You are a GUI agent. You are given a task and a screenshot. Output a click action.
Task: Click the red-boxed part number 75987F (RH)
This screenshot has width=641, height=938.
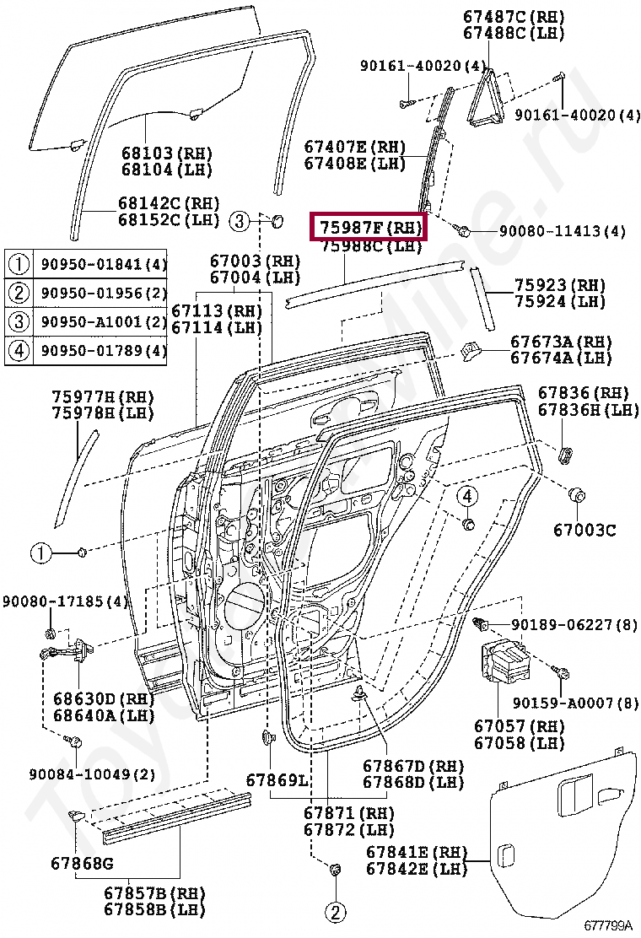pos(369,227)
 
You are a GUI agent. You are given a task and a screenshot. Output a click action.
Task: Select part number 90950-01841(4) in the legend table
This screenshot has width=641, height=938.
pos(104,265)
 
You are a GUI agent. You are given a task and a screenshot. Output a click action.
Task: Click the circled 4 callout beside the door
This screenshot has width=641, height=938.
pos(468,496)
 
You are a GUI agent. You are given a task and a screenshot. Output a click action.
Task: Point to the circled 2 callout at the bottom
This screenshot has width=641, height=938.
pos(335,912)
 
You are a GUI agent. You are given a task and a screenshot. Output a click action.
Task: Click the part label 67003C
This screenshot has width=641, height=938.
pos(584,531)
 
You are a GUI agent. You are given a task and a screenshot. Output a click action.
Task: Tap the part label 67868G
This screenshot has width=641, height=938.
pos(82,864)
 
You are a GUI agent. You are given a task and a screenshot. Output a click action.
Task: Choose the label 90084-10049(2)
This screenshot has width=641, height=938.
pos(80,774)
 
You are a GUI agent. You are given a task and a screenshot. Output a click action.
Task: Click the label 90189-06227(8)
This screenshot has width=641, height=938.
pos(574,625)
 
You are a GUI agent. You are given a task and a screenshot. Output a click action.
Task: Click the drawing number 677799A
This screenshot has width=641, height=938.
pos(610,925)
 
